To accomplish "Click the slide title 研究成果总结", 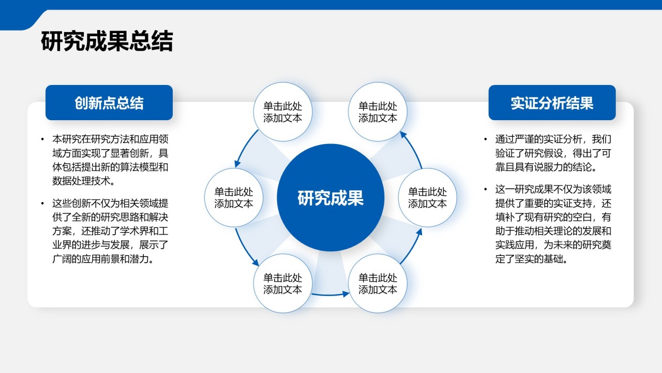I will point(107,41).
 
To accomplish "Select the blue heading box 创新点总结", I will point(109,103).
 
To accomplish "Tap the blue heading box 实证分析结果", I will point(552,103).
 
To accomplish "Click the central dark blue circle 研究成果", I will point(330,198).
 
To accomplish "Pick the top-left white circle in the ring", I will point(282,112).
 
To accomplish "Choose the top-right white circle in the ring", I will point(378,112).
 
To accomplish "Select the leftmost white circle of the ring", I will point(234,198).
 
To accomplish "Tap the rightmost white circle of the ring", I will point(427,198).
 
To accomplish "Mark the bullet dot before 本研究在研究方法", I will point(42,139).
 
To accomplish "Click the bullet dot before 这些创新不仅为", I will point(42,203).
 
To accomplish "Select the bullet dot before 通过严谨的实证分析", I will point(485,139).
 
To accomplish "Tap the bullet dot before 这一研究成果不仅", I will point(485,189).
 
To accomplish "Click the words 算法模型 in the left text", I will point(133,167).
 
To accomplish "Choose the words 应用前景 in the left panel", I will point(110,259).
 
